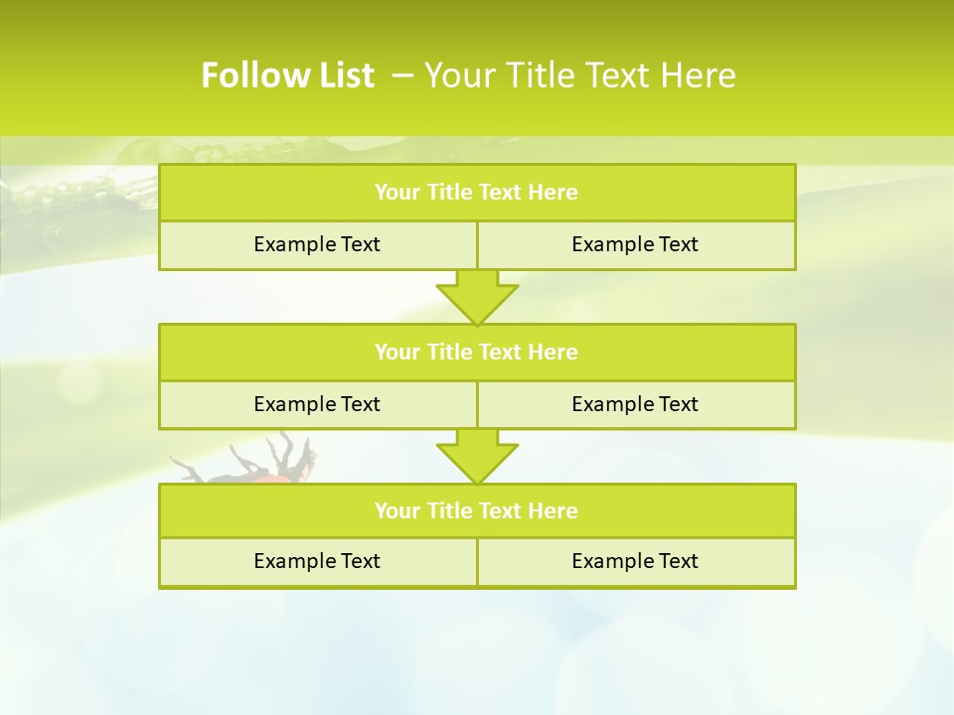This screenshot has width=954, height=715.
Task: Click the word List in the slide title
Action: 343,75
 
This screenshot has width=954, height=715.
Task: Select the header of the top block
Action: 477,193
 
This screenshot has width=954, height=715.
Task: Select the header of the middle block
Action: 477,352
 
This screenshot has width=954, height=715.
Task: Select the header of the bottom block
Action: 477,510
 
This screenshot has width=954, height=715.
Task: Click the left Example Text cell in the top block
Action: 317,244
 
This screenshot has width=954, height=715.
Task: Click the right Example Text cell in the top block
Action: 635,244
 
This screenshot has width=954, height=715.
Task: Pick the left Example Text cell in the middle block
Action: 317,404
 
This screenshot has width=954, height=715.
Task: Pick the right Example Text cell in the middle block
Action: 635,404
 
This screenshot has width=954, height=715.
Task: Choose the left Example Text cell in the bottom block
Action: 317,561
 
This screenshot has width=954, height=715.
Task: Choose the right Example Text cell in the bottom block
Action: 635,561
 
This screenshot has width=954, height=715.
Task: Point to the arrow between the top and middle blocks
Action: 477,296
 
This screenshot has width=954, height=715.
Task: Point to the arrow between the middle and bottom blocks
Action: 477,456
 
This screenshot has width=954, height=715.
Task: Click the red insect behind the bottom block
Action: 283,474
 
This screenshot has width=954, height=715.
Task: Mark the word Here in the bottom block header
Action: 553,510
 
